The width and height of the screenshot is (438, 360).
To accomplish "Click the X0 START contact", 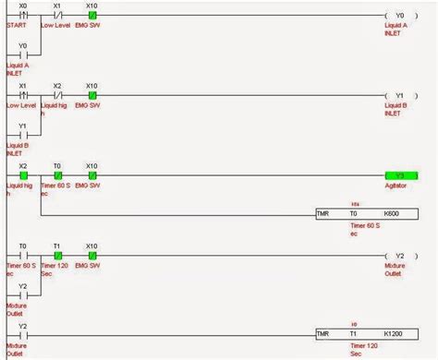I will pos(23,17).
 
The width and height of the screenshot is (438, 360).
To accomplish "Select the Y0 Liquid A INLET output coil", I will pos(399,17).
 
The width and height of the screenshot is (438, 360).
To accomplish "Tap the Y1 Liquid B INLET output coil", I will pos(399,95).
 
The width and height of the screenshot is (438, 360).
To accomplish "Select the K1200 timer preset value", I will pos(395,333).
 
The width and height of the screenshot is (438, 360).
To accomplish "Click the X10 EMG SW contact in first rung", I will pos(91,17).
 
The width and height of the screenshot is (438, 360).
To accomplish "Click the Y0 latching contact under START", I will pos(23,54).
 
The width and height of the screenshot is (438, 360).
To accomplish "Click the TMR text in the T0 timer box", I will pos(322,213).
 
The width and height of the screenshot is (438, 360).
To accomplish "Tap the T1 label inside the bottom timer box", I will pos(352,333).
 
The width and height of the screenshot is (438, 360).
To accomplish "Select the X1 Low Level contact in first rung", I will pos(57,17).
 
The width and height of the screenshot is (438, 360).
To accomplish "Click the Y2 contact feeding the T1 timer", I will pos(23,333).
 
